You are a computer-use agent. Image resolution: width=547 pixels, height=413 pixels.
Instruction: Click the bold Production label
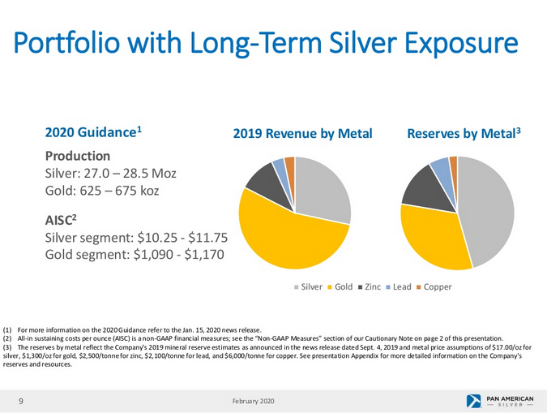78,155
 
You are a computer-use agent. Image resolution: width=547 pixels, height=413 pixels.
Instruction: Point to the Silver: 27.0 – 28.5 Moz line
111,174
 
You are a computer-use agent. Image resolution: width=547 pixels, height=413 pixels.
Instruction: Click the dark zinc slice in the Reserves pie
421,187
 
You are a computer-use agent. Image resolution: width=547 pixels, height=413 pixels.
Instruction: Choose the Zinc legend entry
370,287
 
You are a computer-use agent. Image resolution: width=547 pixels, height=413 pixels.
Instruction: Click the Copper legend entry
434,287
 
